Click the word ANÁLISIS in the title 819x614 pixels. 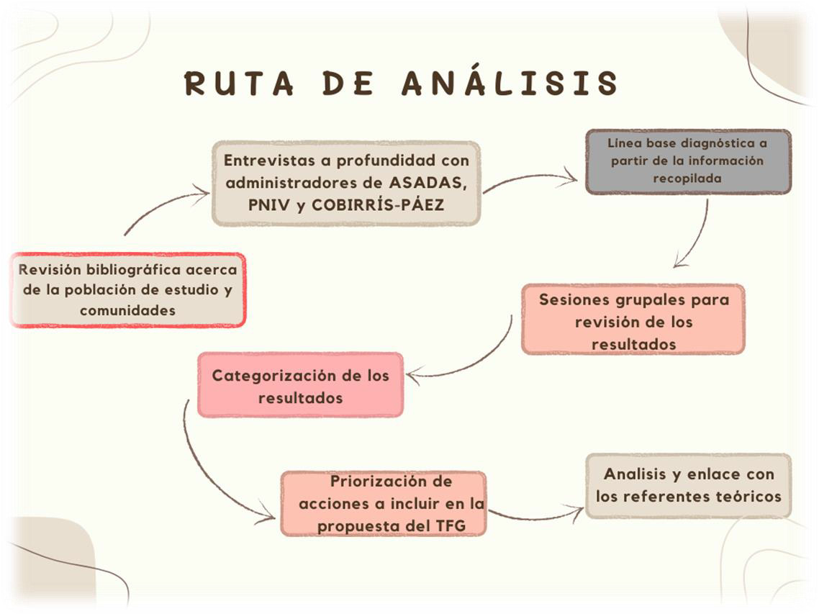point(510,83)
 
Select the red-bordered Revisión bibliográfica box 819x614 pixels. point(127,290)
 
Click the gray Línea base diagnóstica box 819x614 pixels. point(687,161)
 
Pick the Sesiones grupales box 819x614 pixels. point(633,320)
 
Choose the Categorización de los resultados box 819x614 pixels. point(300,385)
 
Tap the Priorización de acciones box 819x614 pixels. point(384,503)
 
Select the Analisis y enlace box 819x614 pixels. point(688,485)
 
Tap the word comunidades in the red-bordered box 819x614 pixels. point(127,311)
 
